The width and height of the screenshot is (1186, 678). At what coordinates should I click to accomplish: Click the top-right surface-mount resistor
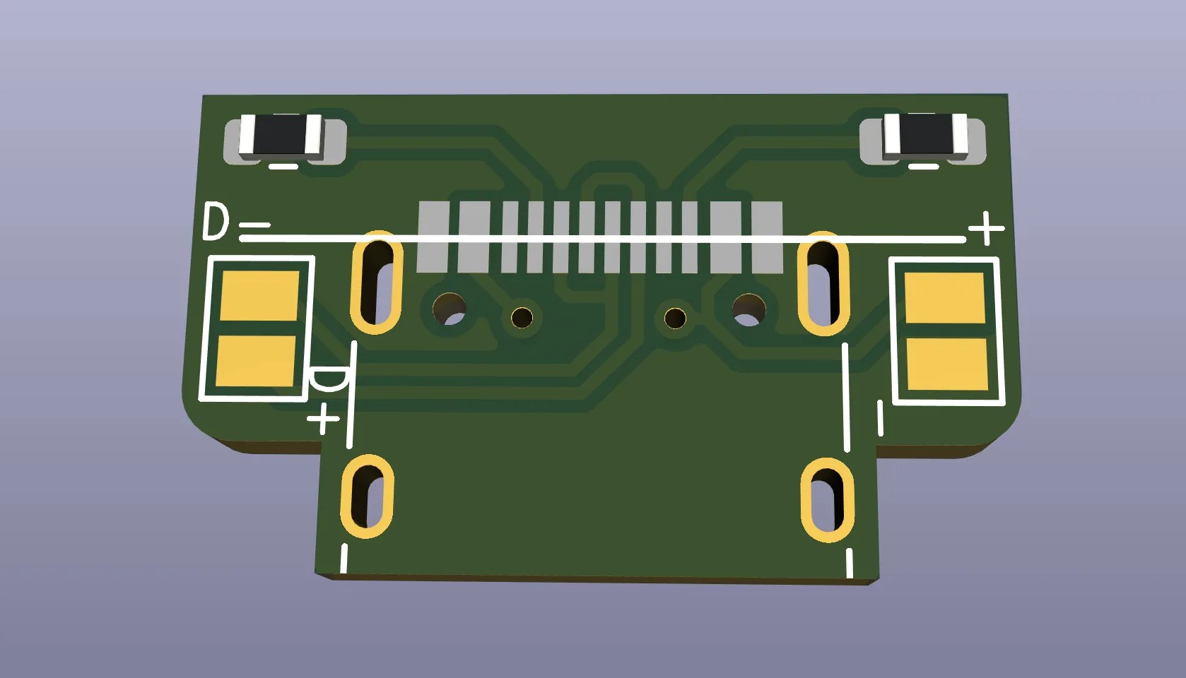(x=924, y=136)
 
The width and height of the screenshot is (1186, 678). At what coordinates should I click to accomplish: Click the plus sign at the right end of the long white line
(x=986, y=229)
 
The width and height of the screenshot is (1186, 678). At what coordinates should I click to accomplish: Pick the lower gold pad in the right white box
(x=946, y=364)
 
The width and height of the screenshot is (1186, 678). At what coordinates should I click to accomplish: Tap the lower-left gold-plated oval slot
(x=367, y=496)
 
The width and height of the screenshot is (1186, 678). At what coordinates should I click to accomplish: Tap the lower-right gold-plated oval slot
(x=827, y=500)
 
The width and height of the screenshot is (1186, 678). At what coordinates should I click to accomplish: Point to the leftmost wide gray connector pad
(x=433, y=237)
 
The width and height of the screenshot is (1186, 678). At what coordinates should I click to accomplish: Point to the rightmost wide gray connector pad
(x=767, y=237)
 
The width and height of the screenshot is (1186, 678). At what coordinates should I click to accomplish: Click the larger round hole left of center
(x=449, y=308)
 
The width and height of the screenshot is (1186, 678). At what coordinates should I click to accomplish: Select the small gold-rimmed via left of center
(x=522, y=317)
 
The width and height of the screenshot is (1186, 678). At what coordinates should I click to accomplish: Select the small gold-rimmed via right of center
(x=676, y=318)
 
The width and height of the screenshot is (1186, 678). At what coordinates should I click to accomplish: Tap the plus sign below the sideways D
(x=324, y=418)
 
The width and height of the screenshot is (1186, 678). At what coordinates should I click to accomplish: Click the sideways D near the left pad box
(x=329, y=381)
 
